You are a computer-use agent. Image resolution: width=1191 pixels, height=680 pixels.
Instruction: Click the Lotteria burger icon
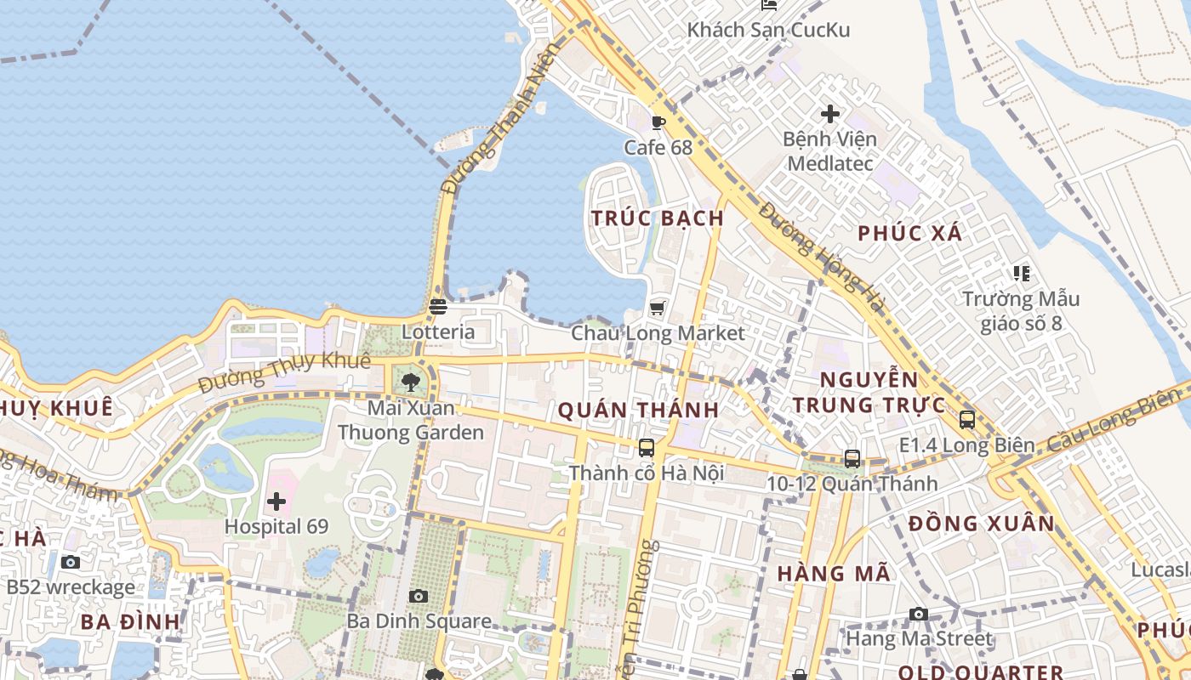point(438,306)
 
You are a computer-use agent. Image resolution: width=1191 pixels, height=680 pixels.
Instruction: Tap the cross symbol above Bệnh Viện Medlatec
point(829,113)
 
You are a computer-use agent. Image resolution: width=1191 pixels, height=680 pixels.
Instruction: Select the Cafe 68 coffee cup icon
point(658,122)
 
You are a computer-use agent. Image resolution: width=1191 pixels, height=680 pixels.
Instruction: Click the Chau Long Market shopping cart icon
point(657,307)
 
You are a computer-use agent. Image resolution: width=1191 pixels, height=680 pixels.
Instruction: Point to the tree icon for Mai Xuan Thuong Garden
point(411,382)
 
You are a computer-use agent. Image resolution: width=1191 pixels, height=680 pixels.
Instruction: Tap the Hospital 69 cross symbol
point(276,501)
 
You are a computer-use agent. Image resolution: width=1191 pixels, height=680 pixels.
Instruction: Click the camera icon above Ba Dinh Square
point(418,596)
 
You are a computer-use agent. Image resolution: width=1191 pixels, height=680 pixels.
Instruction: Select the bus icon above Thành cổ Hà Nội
point(647,447)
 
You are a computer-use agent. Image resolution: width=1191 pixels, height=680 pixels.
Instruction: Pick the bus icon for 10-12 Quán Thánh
point(852,459)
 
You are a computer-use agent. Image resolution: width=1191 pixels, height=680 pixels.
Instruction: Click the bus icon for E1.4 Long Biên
point(967,419)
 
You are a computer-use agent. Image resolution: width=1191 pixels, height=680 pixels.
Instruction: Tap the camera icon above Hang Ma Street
point(919,614)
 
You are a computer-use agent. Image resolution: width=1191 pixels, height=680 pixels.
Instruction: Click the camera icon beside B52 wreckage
point(71,562)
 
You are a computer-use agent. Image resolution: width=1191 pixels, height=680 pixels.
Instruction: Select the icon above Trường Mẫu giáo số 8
point(1021,274)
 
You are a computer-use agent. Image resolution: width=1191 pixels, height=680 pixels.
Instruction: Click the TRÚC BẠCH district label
point(658,218)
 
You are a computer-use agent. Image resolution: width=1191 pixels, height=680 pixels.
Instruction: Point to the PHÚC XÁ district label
point(909,234)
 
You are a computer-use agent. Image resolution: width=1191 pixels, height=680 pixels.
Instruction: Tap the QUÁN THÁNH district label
point(638,411)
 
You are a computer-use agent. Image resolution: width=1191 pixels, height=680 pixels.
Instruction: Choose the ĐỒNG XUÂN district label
point(981,524)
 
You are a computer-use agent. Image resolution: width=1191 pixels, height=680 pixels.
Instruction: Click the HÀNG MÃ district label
point(834,574)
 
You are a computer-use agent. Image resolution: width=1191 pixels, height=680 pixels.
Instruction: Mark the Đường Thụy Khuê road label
point(285,373)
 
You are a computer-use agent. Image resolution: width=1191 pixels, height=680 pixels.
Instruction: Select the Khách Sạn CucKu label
point(768,31)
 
